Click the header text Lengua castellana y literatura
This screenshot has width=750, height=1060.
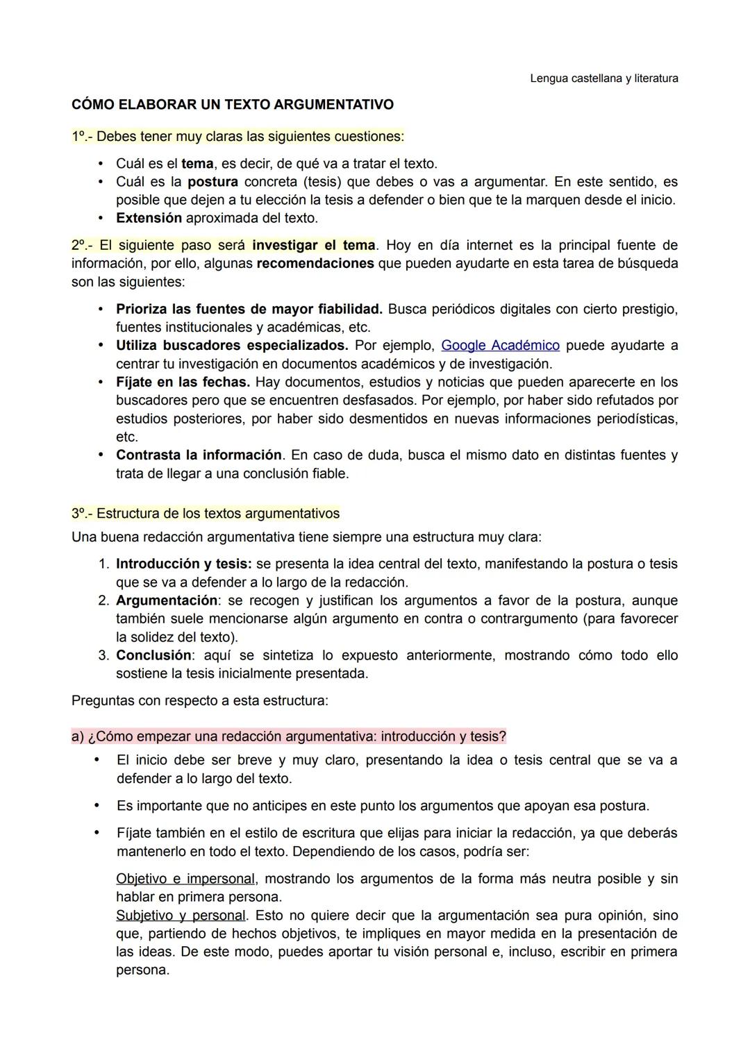(x=603, y=78)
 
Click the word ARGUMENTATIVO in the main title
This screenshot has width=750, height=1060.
(x=333, y=105)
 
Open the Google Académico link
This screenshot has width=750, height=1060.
(x=500, y=346)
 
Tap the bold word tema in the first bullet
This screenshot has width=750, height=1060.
(x=197, y=165)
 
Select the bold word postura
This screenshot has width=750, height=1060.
(x=212, y=183)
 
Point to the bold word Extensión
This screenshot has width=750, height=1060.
(x=149, y=219)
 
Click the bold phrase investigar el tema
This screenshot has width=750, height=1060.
(x=313, y=246)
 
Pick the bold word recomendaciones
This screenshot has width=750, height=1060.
(x=315, y=264)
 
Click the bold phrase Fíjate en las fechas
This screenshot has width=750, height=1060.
(x=183, y=382)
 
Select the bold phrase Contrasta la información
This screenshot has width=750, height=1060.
(x=199, y=455)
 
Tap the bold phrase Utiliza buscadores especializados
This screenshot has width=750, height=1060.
(x=232, y=346)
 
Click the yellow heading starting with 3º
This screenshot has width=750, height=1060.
(x=206, y=514)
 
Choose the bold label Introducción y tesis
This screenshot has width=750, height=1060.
(x=183, y=564)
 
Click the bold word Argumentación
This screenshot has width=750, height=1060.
(x=167, y=600)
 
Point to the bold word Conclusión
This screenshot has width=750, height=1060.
(x=153, y=656)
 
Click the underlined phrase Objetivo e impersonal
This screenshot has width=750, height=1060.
(x=185, y=880)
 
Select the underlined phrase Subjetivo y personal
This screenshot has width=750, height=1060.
(x=181, y=916)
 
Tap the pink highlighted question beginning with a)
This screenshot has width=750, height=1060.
(x=289, y=736)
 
